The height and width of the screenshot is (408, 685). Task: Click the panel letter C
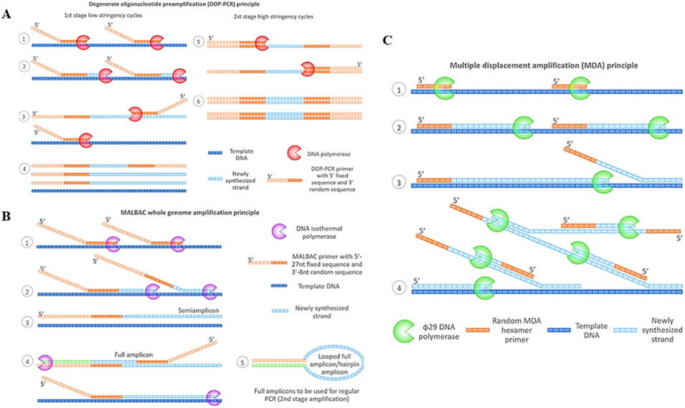coord(387,41)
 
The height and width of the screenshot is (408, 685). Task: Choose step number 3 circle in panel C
coord(393,181)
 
